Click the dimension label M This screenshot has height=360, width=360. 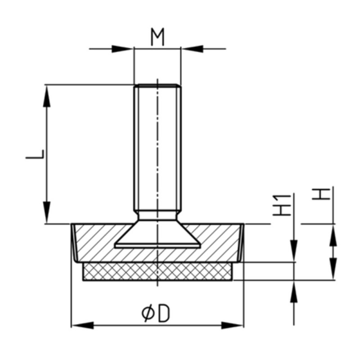157,37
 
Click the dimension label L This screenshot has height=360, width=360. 35,154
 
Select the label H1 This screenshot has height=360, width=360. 282,205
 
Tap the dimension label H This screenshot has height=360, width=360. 321,194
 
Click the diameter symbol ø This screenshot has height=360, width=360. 148,313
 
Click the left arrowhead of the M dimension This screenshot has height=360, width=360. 122,49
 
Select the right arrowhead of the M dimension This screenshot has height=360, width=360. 193,49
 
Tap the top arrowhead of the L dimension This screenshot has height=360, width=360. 47,96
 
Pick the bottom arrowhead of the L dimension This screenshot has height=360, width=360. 47,212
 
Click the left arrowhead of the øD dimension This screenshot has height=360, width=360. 83,325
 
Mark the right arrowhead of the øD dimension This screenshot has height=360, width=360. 232,325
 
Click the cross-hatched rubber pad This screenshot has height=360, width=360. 157,271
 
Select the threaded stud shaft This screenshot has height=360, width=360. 157,148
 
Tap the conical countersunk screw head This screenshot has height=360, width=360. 157,234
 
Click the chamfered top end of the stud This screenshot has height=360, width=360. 157,86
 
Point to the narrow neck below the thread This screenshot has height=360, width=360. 157,216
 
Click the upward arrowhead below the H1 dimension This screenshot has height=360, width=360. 294,291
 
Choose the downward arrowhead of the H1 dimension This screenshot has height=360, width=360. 294,251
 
